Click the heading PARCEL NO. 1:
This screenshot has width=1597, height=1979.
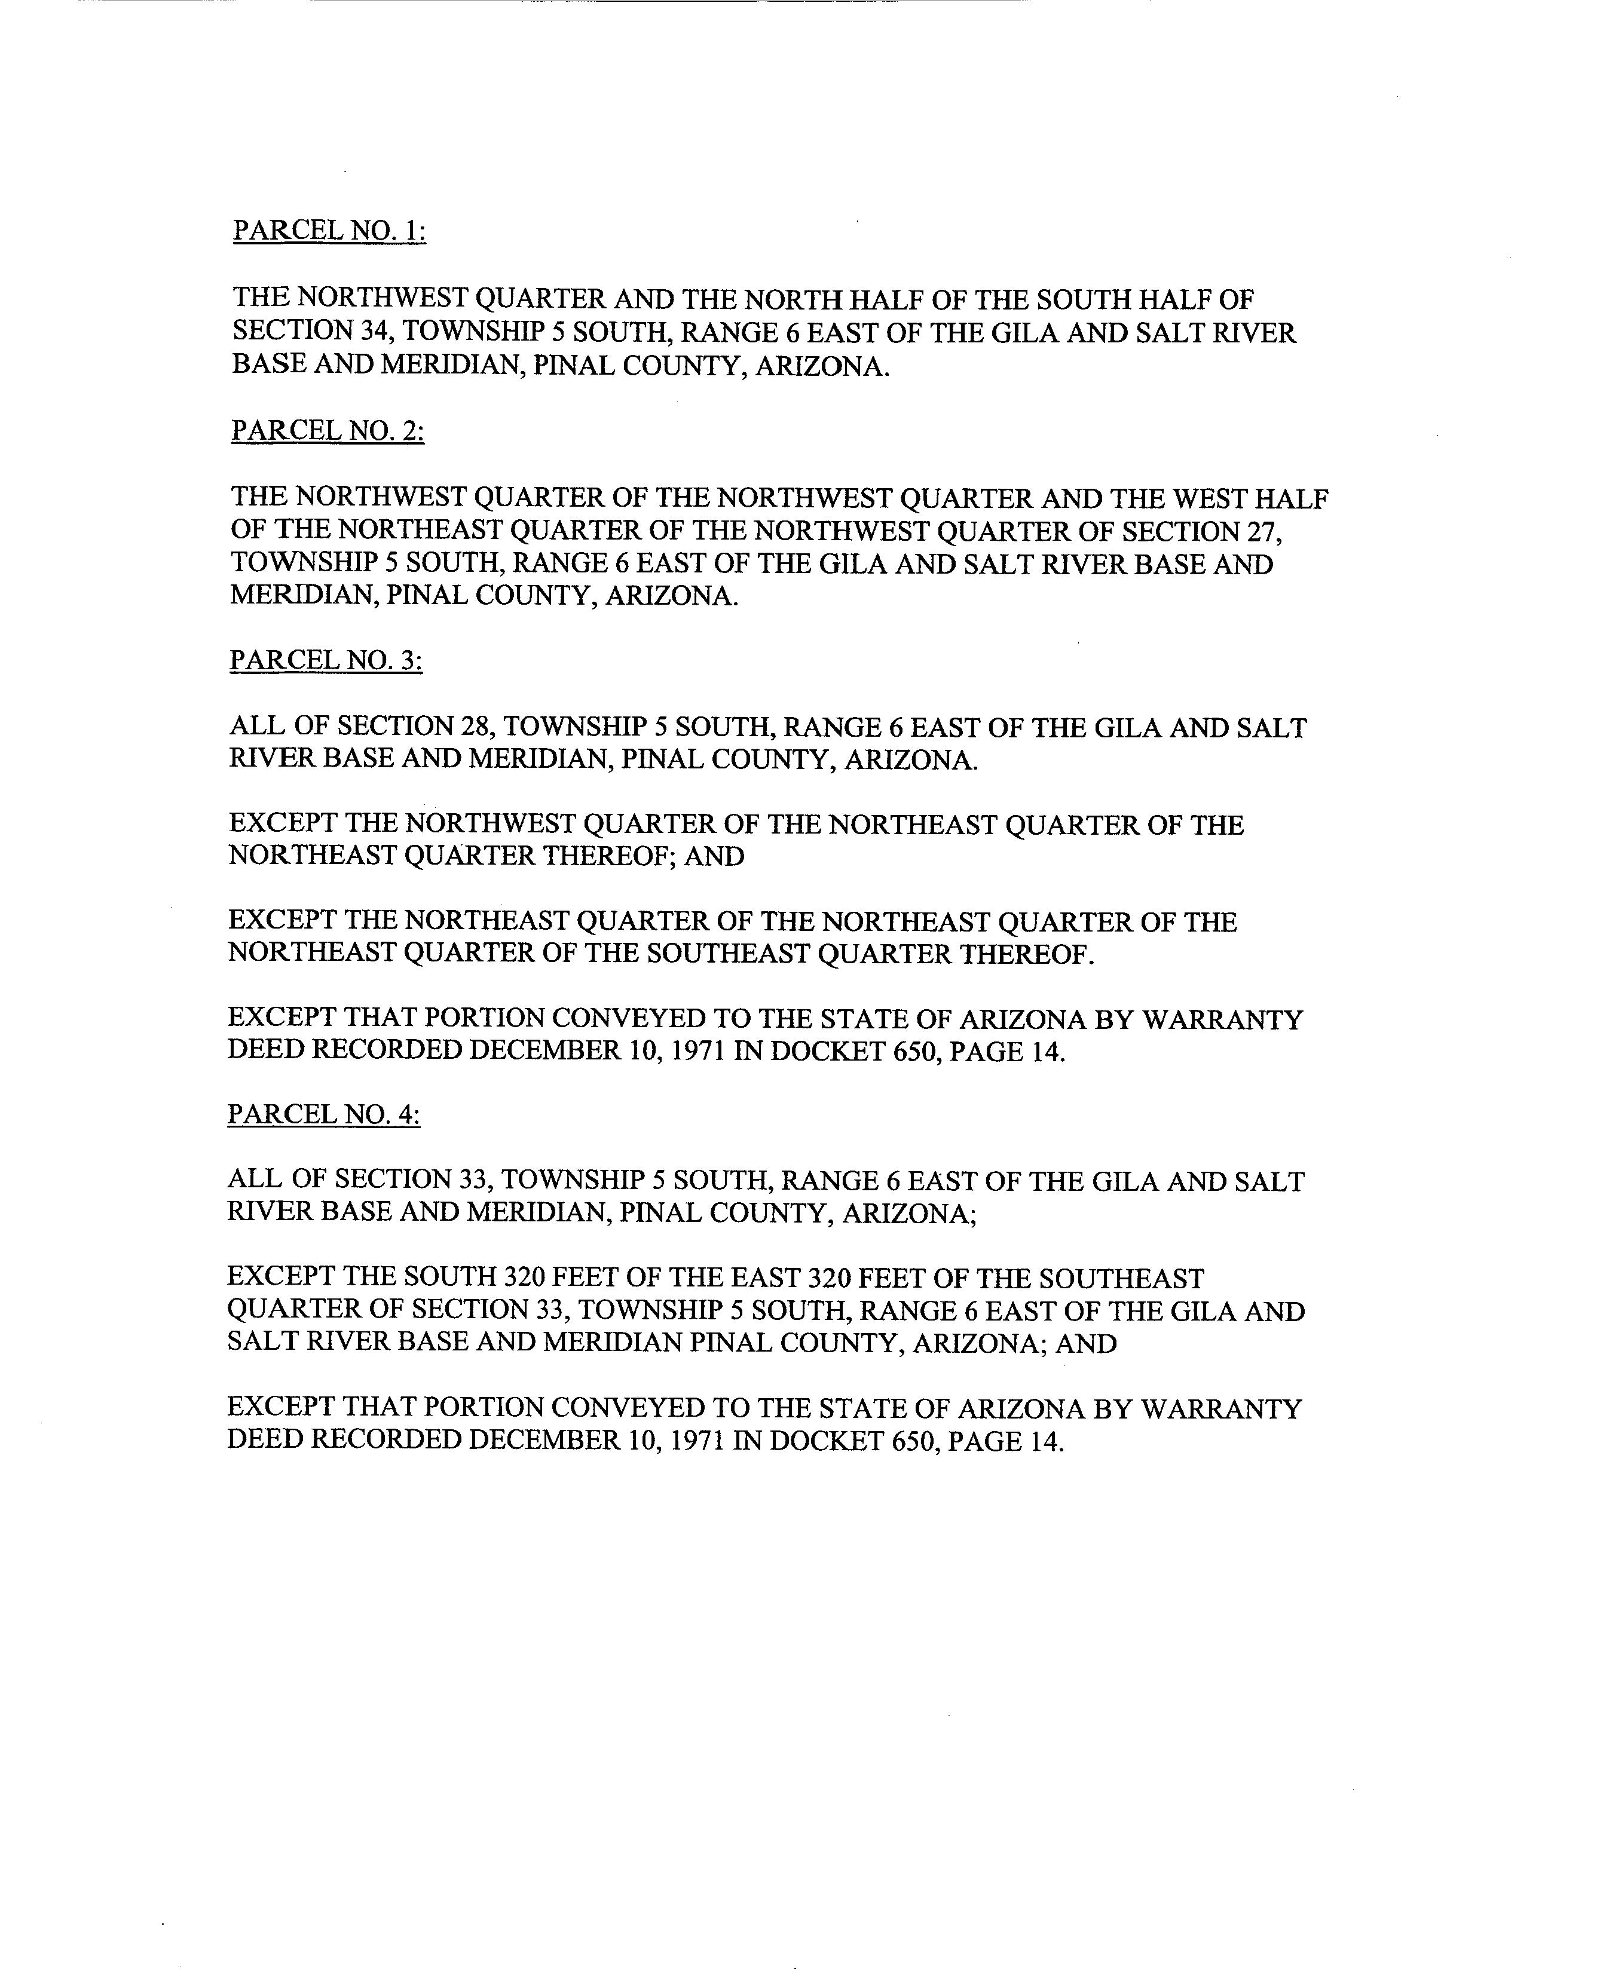point(328,230)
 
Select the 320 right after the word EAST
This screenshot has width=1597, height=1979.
point(831,1278)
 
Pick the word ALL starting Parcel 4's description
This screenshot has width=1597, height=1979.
point(255,1180)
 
